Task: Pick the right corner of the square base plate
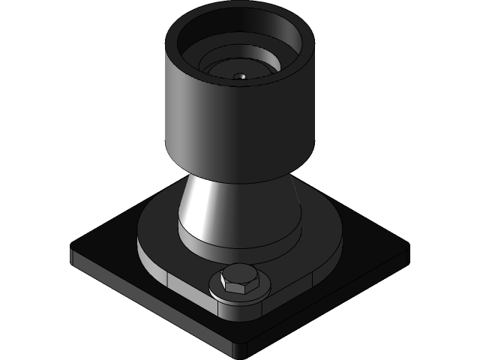tap(406, 245)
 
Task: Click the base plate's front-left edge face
tap(150, 304)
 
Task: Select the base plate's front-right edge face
tap(330, 300)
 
